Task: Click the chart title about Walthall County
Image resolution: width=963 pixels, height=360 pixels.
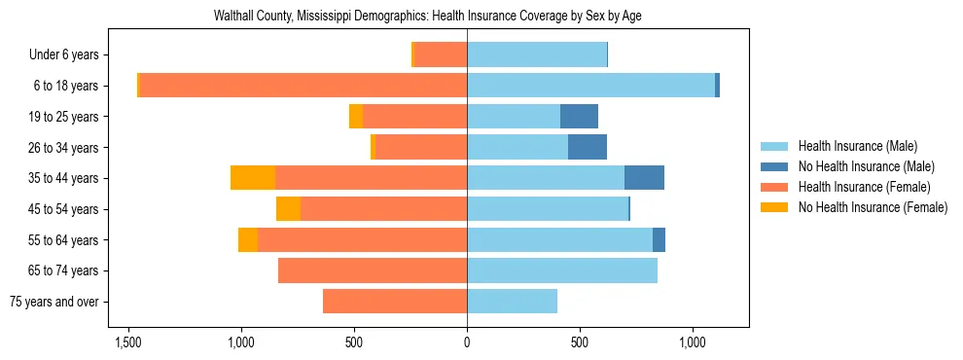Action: [x=427, y=17]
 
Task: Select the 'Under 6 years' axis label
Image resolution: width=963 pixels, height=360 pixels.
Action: [x=70, y=55]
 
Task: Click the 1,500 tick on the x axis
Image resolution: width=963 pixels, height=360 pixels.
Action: [x=128, y=343]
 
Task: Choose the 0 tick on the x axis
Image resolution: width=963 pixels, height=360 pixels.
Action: [x=467, y=343]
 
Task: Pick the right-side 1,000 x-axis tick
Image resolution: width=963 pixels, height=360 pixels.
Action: [x=693, y=343]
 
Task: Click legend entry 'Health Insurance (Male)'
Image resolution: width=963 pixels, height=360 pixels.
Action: [x=857, y=146]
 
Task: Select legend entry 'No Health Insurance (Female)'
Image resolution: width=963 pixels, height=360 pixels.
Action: [x=873, y=207]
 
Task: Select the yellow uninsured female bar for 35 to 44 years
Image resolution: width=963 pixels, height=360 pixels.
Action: [x=253, y=178]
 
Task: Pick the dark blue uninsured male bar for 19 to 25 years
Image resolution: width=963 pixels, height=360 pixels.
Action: [x=579, y=117]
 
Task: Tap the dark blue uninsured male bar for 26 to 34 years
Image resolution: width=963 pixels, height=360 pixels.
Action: [x=588, y=148]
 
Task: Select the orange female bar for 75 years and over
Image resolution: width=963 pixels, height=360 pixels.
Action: [x=395, y=302]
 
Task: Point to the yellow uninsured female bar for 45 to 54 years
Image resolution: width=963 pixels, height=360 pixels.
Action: [x=288, y=209]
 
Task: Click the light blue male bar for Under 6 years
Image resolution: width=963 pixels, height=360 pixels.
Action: [x=537, y=55]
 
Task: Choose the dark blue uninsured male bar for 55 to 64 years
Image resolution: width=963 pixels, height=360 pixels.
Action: [x=659, y=239]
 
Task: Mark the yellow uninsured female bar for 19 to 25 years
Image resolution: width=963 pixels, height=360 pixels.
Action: [x=356, y=117]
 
